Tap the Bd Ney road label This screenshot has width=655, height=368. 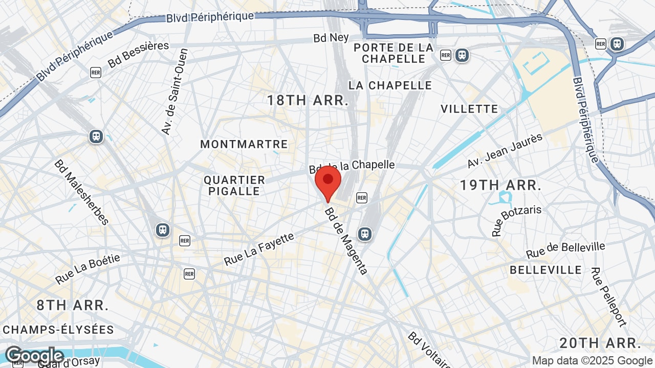(x=331, y=38)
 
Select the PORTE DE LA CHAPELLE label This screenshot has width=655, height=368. (x=394, y=53)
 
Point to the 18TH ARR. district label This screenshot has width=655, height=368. (x=308, y=100)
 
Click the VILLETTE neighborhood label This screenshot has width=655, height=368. (x=469, y=109)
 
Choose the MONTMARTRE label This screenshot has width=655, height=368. (x=244, y=144)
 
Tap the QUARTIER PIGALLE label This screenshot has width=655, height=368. (x=234, y=186)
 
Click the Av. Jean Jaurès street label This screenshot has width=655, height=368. (x=505, y=151)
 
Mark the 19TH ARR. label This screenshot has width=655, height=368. (x=500, y=185)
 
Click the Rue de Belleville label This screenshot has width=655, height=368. (x=565, y=250)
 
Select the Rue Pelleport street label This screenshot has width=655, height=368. (x=608, y=296)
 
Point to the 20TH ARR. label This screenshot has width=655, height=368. (x=600, y=342)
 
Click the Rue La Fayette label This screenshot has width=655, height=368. (x=259, y=249)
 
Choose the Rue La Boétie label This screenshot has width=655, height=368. (x=88, y=269)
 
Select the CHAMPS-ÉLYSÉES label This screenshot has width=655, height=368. (x=58, y=329)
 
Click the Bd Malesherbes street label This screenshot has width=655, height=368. (x=82, y=192)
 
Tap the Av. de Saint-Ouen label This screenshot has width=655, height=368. (x=175, y=92)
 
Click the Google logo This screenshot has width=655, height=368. (x=34, y=356)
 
